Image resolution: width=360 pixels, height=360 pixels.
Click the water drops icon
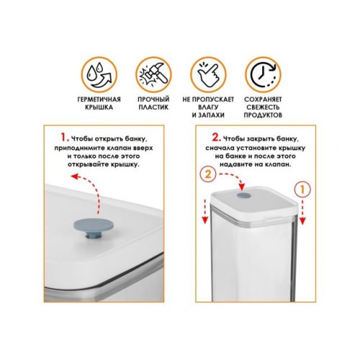click(99, 75)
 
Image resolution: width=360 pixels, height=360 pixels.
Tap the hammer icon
click(153, 75)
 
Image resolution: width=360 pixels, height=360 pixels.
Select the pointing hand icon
click(208, 75)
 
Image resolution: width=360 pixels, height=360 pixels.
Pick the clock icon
click(263, 75)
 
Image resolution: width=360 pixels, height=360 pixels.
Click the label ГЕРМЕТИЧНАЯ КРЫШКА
click(99, 103)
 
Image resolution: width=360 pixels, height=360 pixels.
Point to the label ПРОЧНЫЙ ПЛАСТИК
click(153, 103)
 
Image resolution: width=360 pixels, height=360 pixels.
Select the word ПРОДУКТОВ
click(263, 115)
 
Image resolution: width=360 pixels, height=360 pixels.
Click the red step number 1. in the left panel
click(64, 138)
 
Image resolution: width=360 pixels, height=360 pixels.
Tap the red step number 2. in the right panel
click(216, 138)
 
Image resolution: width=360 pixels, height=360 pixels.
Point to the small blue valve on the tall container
click(244, 195)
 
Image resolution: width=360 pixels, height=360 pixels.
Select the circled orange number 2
click(208, 174)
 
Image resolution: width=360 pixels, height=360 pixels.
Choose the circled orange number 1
click(302, 189)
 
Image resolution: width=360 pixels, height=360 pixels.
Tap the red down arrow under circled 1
click(302, 212)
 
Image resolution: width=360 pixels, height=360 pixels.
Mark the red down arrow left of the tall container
click(205, 211)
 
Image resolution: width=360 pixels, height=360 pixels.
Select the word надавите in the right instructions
click(233, 165)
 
